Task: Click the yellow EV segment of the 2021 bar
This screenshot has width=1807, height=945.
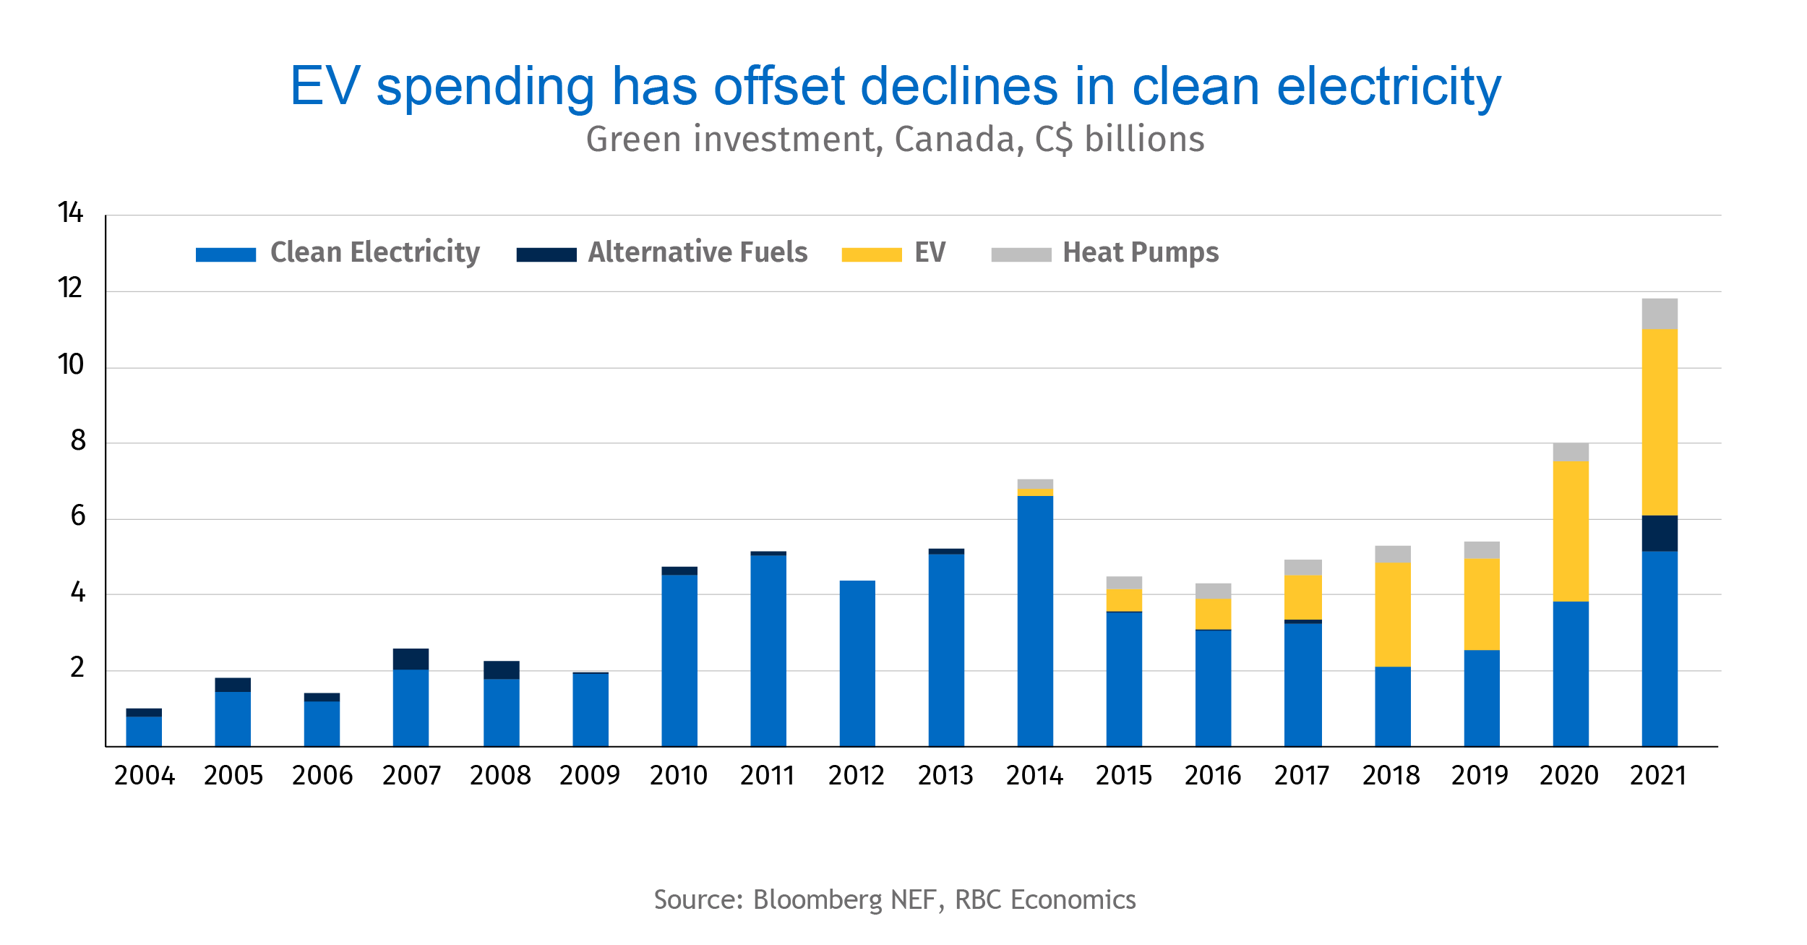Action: pyautogui.click(x=1660, y=422)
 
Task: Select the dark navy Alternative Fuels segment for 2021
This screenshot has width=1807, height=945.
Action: pyautogui.click(x=1660, y=534)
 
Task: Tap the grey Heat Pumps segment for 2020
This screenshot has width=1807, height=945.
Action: pyautogui.click(x=1571, y=452)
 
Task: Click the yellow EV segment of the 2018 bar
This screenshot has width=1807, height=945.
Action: pyautogui.click(x=1393, y=615)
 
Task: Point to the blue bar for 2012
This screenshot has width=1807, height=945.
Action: pyautogui.click(x=857, y=663)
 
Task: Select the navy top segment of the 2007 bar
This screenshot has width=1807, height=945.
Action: pyautogui.click(x=411, y=659)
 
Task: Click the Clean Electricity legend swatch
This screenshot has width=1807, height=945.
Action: pyautogui.click(x=226, y=255)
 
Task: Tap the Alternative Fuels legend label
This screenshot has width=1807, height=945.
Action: pyautogui.click(x=698, y=252)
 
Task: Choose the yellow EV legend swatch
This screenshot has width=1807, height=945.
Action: pyautogui.click(x=872, y=255)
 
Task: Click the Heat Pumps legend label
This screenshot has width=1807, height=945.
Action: pyautogui.click(x=1141, y=252)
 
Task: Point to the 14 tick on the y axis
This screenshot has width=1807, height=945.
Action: pyautogui.click(x=71, y=213)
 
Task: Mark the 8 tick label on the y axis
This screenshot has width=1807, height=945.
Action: pyautogui.click(x=78, y=440)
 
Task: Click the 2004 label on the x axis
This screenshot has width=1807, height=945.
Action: pyautogui.click(x=145, y=776)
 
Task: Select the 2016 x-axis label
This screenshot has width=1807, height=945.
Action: pyautogui.click(x=1213, y=776)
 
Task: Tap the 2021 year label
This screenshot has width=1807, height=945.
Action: pyautogui.click(x=1658, y=776)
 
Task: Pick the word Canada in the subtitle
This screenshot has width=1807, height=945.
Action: pyautogui.click(x=958, y=140)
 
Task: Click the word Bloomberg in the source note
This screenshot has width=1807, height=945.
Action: pyautogui.click(x=817, y=900)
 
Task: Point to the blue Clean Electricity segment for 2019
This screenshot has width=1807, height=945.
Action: pyautogui.click(x=1482, y=698)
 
